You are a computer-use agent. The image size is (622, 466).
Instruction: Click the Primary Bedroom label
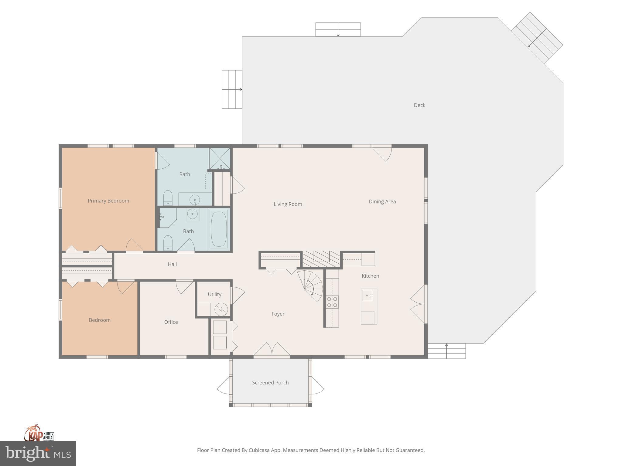pyautogui.click(x=108, y=201)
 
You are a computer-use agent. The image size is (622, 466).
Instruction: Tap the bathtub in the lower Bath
pyautogui.click(x=219, y=229)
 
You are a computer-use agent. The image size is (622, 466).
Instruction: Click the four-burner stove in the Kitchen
pyautogui.click(x=332, y=302)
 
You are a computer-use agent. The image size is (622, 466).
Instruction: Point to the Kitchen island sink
pyautogui.click(x=367, y=295)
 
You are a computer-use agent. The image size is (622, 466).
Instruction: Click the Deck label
pyautogui.click(x=419, y=105)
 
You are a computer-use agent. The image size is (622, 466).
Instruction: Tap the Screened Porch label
pyautogui.click(x=270, y=383)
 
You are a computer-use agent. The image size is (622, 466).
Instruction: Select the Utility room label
pyautogui.click(x=214, y=294)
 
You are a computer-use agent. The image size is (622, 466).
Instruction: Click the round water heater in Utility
pyautogui.click(x=221, y=309)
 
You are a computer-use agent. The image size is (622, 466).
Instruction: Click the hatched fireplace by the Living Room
pyautogui.click(x=321, y=259)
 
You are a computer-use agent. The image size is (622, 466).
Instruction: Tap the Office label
pyautogui.click(x=171, y=322)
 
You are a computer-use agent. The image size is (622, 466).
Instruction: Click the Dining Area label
pyautogui.click(x=382, y=201)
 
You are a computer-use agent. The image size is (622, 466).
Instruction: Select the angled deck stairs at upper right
pyautogui.click(x=537, y=38)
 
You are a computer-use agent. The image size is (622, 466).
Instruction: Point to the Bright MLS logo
pyautogui.click(x=38, y=454)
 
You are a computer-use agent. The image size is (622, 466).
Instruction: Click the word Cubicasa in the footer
pyautogui.click(x=260, y=450)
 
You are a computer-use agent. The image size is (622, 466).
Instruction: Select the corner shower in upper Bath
pyautogui.click(x=220, y=158)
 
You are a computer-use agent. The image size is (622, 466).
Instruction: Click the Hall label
pyautogui.click(x=172, y=264)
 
